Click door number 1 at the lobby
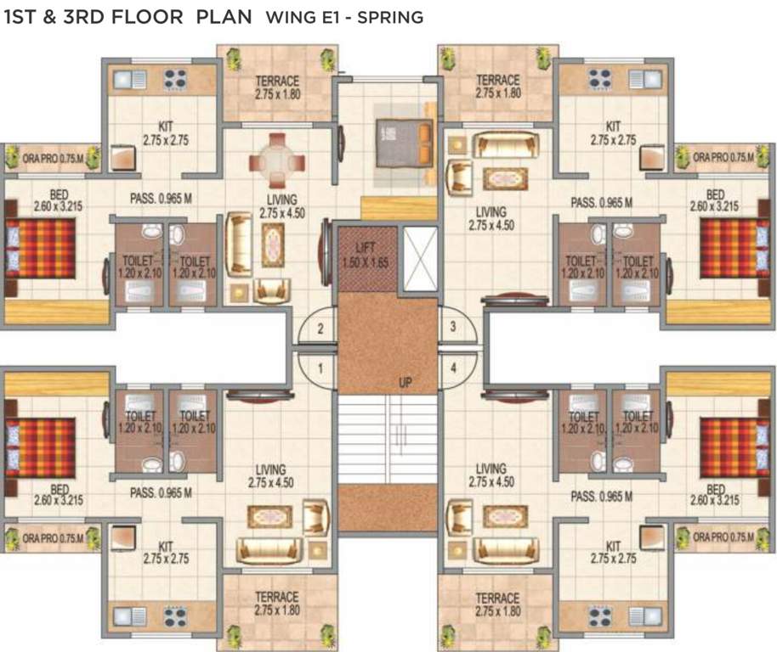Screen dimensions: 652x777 tap(320, 369)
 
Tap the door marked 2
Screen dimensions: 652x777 tap(320, 329)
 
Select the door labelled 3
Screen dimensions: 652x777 tap(453, 327)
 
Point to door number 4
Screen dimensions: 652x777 tap(453, 368)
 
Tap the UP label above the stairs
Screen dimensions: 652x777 tap(406, 384)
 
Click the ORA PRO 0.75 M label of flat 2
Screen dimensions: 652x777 tap(48, 157)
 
